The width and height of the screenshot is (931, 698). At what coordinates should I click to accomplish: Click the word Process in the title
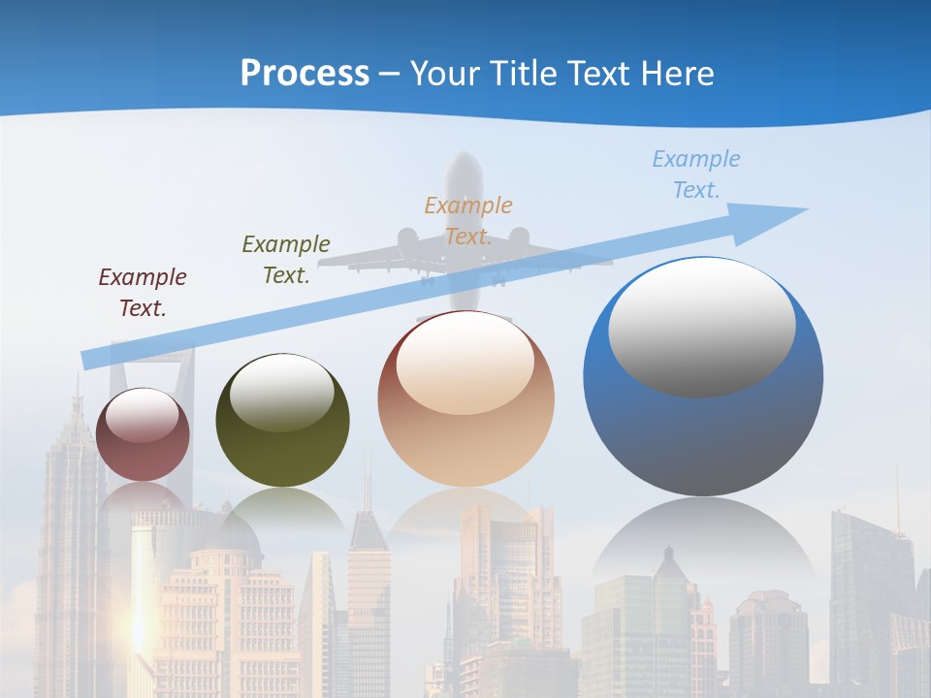[x=305, y=74]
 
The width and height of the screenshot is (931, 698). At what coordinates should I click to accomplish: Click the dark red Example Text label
[x=143, y=293]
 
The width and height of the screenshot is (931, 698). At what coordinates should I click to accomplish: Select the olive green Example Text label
[x=286, y=260]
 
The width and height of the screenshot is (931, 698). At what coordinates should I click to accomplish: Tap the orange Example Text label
[x=468, y=221]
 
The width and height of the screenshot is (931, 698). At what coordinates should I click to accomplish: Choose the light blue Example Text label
[x=696, y=174]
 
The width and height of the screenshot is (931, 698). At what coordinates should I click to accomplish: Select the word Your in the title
[x=447, y=74]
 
